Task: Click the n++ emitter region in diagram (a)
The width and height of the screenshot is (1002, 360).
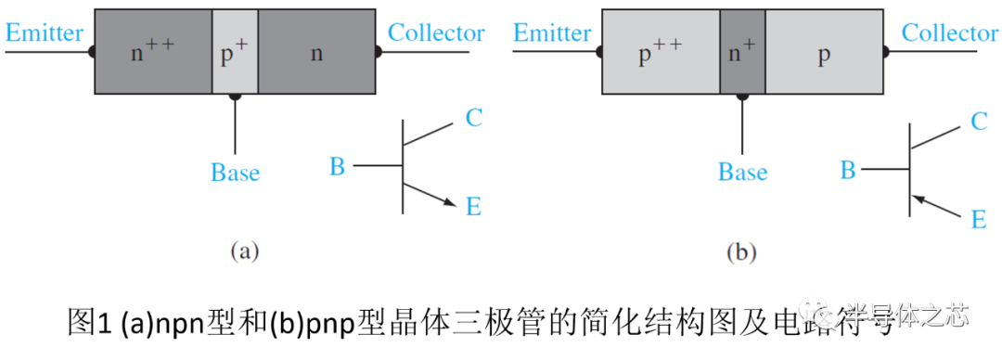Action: tap(153, 52)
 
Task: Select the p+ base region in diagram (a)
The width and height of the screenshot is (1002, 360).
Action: tap(235, 52)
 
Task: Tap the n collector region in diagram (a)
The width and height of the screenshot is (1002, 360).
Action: tap(317, 52)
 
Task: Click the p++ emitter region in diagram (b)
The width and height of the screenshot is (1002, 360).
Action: tap(661, 52)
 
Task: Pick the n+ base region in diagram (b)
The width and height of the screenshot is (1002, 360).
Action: tap(742, 52)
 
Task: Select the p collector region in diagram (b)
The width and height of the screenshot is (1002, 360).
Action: tap(825, 52)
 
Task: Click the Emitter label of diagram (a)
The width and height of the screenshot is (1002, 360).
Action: tap(44, 32)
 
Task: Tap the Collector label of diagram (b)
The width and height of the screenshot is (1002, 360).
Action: tap(950, 32)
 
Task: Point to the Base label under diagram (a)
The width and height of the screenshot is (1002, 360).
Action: tap(235, 173)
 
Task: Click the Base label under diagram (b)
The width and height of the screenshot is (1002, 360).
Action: tap(742, 173)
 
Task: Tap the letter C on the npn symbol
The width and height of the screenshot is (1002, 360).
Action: tap(473, 118)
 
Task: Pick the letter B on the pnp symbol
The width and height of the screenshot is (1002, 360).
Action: tap(847, 170)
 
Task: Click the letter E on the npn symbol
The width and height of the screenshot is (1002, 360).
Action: tap(473, 207)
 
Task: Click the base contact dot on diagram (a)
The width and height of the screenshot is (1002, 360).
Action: tap(235, 96)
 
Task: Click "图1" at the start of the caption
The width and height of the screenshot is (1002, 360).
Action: tap(87, 323)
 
